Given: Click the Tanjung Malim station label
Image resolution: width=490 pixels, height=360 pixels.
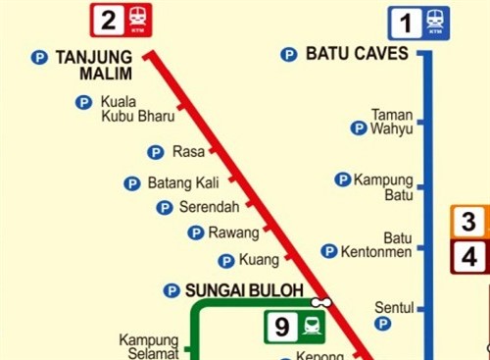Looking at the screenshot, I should coord(93,66).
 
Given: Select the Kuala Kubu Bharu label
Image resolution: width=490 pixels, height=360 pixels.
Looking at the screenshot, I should coord(137,109).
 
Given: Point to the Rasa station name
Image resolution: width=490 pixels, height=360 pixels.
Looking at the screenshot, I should coord(188,151).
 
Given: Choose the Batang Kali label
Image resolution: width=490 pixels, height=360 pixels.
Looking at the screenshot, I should coord(182,182).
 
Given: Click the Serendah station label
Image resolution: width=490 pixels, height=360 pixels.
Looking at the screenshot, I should coord(209,207).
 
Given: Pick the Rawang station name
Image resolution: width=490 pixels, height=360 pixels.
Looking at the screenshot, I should coord(233,232).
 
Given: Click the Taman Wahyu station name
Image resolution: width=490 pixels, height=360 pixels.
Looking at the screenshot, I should coord(392,122).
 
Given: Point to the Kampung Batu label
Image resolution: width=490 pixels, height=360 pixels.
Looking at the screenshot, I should coord(383,186).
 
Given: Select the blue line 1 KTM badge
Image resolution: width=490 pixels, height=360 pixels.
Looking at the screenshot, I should coord(417,22).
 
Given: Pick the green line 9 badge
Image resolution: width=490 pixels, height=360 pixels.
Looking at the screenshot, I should coord(296,327).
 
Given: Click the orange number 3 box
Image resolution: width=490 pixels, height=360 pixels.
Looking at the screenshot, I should coord(469,223).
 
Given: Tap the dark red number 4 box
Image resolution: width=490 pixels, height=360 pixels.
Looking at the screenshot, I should coord(469,257).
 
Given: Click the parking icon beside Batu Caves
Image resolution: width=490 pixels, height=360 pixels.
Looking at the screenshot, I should coord(289,55).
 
